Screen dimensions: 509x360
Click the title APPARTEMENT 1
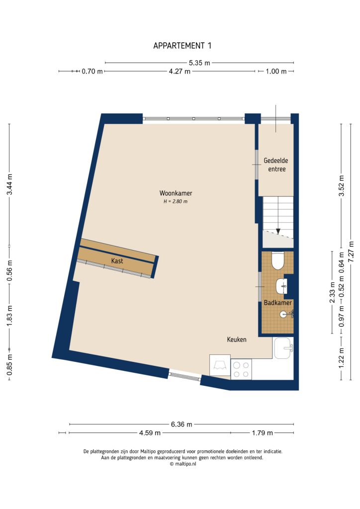182,46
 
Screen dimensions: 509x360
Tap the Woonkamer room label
176,193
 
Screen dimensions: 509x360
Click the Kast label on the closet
117,260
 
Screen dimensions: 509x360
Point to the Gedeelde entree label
276,165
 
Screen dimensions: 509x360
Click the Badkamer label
277,302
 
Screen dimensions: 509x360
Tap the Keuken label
237,339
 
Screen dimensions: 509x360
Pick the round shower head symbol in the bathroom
283,314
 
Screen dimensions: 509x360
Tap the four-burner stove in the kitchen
242,369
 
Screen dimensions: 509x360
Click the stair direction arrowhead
278,231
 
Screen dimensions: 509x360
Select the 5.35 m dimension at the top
199,63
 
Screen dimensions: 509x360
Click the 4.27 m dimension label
180,72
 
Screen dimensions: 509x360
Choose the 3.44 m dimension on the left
9,185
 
